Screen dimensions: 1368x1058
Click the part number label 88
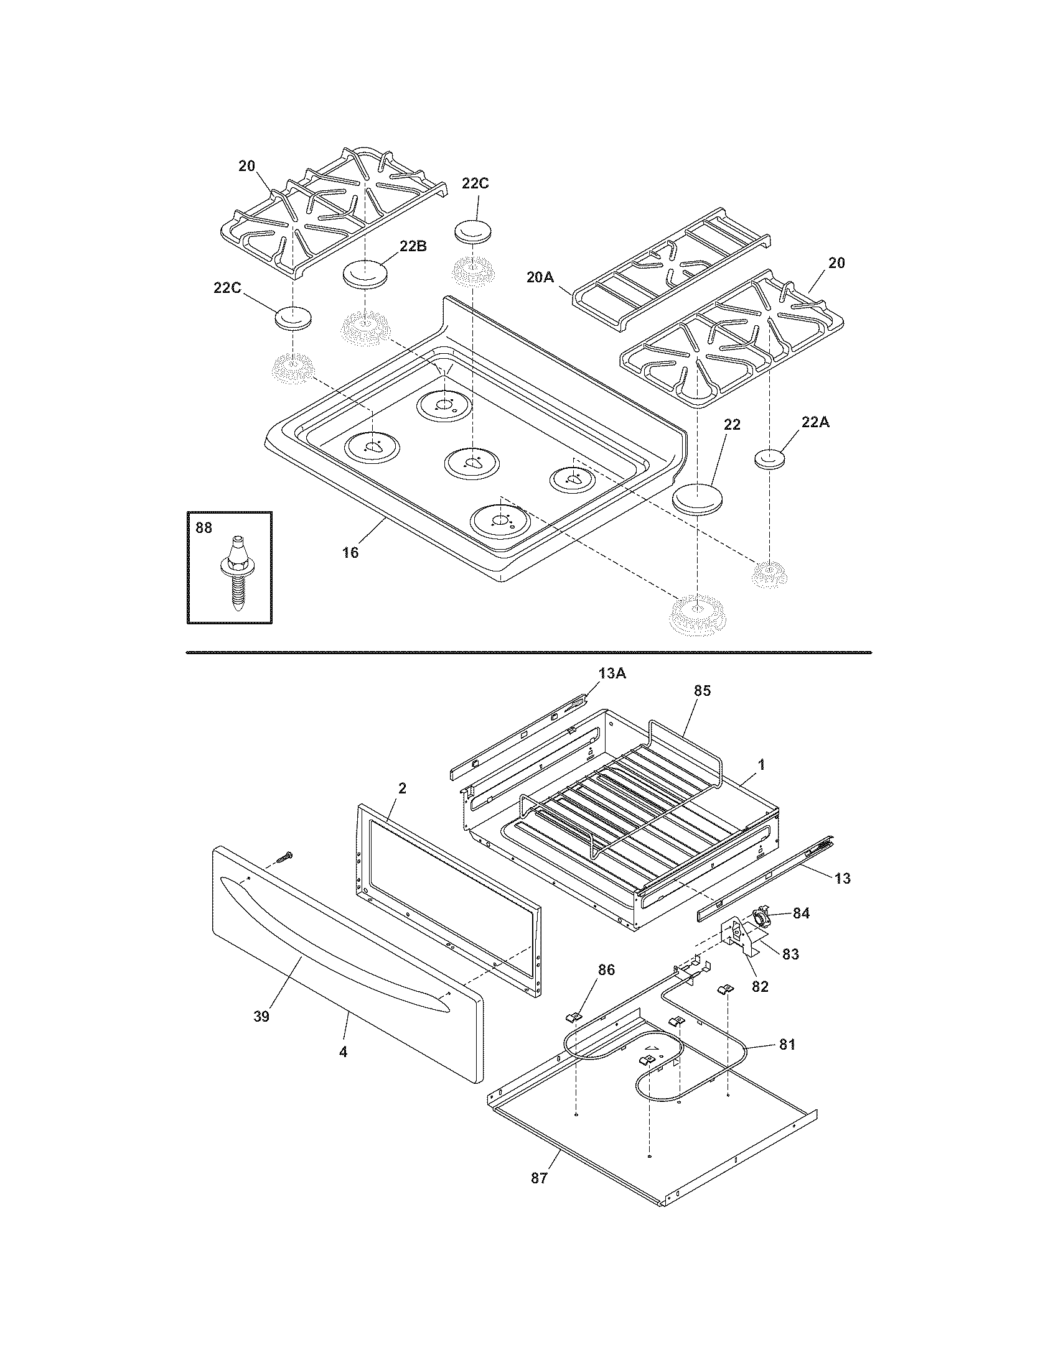pos(204,528)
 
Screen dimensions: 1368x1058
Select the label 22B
pos(413,246)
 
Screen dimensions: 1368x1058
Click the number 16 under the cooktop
pos(350,552)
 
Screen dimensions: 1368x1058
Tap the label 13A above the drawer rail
pos(613,673)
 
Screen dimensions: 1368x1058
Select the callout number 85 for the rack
pos(703,691)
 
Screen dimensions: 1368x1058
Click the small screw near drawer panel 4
pos(286,856)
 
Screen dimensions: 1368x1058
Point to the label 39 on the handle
pos(261,1017)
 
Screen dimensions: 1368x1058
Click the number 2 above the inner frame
pos(402,788)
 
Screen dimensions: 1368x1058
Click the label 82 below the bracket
pos(760,986)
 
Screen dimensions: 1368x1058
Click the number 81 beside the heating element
pos(787,1044)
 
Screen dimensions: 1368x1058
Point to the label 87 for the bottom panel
pos(539,1178)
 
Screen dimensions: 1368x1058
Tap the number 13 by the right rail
pos(843,879)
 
